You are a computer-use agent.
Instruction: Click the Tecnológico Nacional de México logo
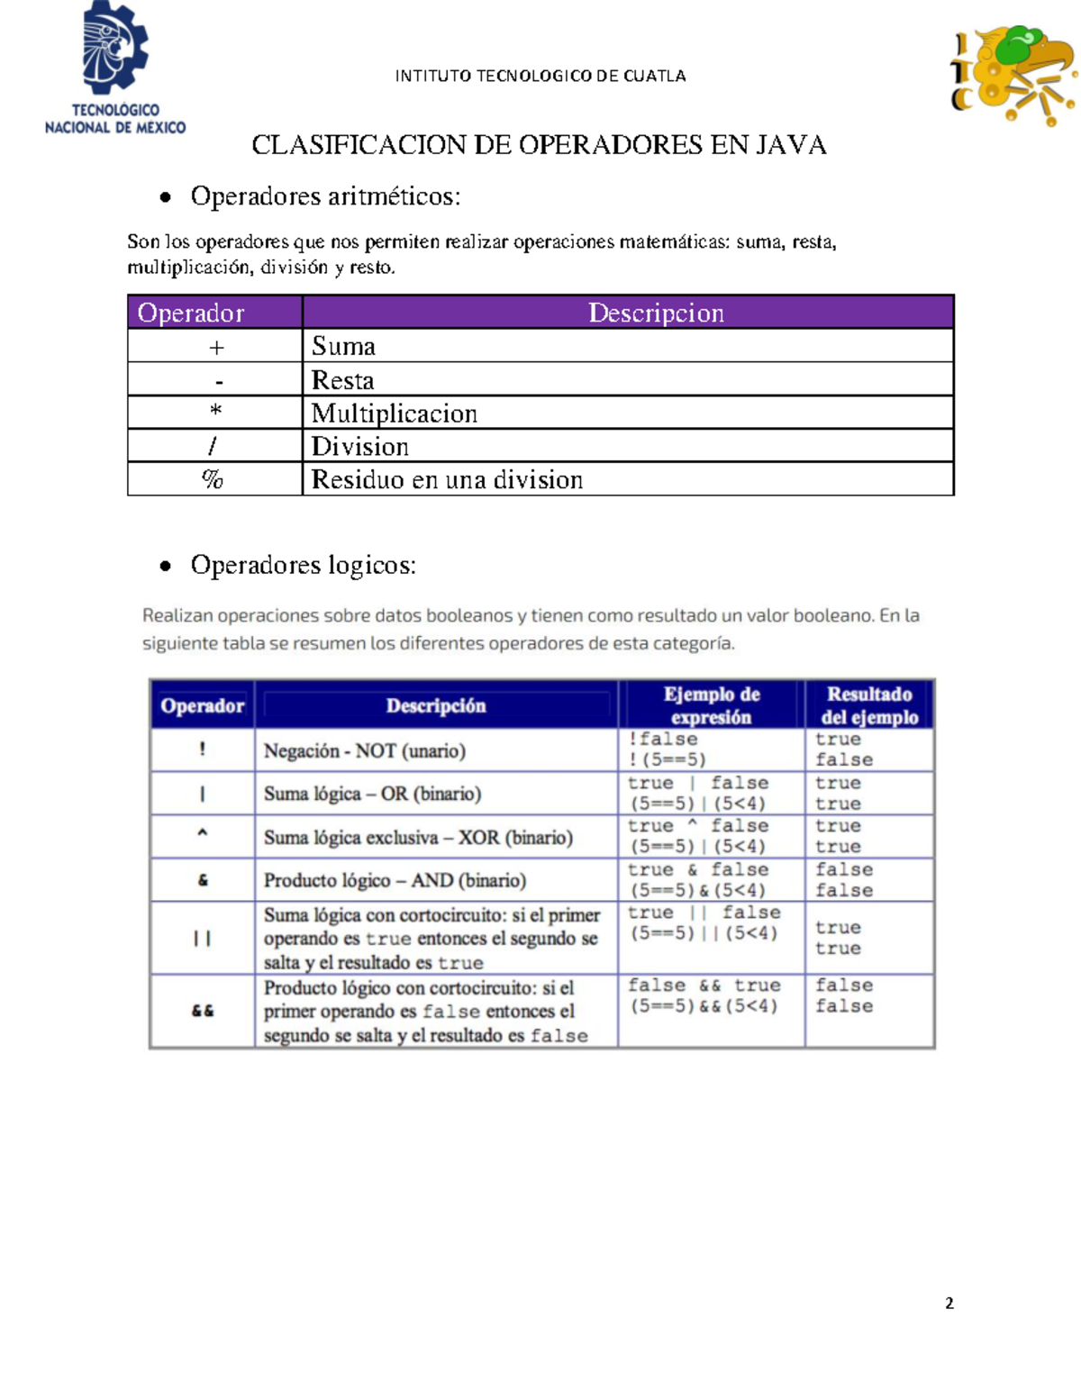click(115, 69)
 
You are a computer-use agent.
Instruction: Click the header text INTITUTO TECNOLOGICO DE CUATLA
click(540, 77)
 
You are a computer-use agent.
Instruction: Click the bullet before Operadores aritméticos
click(165, 197)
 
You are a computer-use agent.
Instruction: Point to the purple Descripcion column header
click(655, 313)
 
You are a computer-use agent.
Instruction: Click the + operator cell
click(215, 347)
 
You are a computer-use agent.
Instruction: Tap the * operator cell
click(215, 413)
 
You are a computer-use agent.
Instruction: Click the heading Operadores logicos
click(303, 566)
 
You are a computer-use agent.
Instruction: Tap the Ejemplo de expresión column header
click(711, 705)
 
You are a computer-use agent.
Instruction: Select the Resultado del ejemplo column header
click(868, 705)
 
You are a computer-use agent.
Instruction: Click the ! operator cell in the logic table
click(203, 749)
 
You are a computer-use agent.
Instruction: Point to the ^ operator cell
click(203, 835)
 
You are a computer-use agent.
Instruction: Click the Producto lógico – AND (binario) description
click(395, 880)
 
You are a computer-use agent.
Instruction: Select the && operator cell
click(203, 1011)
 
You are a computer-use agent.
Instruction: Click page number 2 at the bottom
click(949, 1303)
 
